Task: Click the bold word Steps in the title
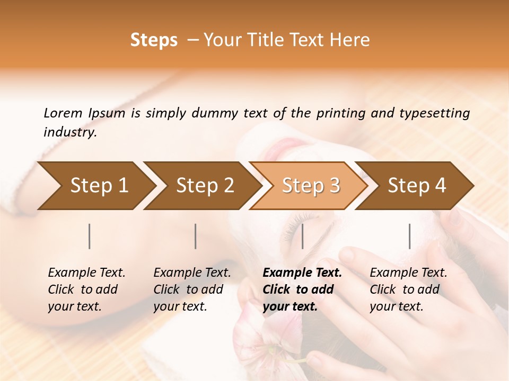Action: click(154, 40)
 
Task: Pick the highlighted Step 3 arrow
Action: click(311, 185)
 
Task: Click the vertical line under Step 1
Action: click(90, 236)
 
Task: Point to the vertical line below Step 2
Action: click(196, 236)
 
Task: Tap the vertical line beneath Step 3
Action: click(302, 236)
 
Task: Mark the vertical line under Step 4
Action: click(409, 236)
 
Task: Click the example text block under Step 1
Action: click(86, 289)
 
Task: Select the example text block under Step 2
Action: click(192, 289)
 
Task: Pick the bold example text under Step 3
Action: click(302, 289)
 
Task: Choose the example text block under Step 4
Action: click(408, 289)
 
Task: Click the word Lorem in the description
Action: click(63, 113)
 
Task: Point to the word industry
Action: click(70, 132)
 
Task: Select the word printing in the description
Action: click(346, 113)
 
